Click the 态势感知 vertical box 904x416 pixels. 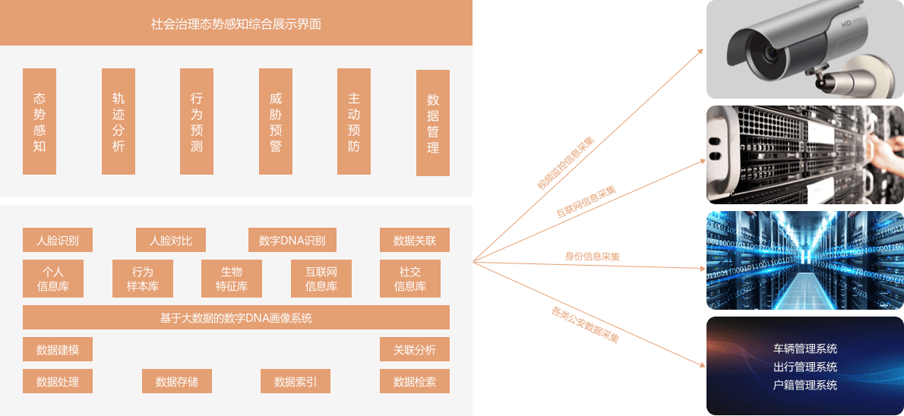(x=40, y=121)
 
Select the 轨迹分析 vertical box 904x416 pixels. (x=119, y=121)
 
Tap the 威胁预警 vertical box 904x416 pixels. (x=276, y=121)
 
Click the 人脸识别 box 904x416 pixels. (x=58, y=241)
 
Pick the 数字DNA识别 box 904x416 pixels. (x=292, y=241)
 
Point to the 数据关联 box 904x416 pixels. (x=415, y=241)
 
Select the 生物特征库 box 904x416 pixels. (x=232, y=279)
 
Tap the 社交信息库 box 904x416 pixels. (x=410, y=279)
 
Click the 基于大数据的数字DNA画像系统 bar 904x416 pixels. (x=236, y=317)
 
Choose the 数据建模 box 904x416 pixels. (x=58, y=350)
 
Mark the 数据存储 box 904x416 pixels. (x=177, y=381)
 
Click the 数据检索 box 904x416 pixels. (x=415, y=381)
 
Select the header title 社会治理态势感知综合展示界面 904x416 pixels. (x=236, y=24)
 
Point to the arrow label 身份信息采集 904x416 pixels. (x=592, y=257)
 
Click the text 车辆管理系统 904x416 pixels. (x=805, y=349)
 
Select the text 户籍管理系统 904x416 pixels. (x=805, y=385)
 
